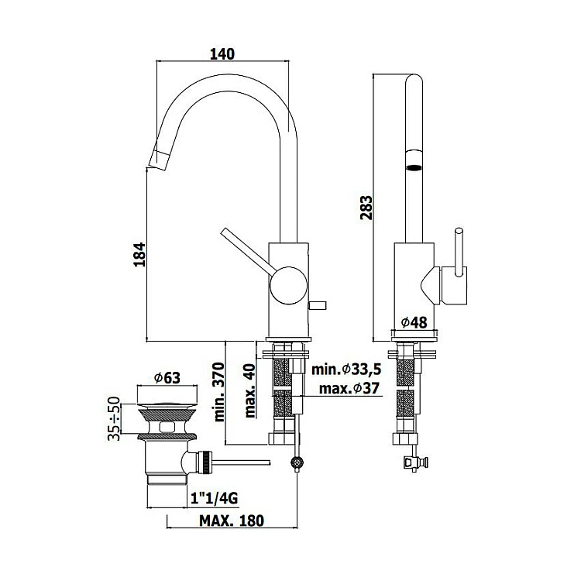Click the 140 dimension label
click(222, 54)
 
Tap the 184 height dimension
click(139, 254)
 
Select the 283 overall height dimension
click(366, 208)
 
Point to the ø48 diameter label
click(414, 322)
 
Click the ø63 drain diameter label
click(167, 378)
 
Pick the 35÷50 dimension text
click(114, 418)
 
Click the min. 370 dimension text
click(219, 392)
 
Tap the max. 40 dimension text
click(250, 391)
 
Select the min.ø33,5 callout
click(346, 370)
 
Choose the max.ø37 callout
click(349, 389)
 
